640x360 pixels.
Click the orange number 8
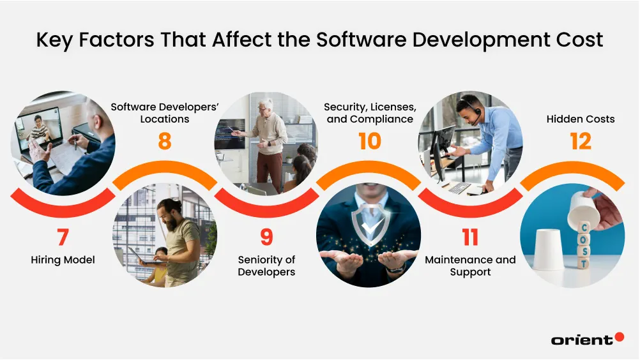pyautogui.click(x=165, y=141)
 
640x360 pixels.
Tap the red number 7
pyautogui.click(x=63, y=237)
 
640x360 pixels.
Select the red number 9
pyautogui.click(x=266, y=237)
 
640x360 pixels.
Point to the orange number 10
pyautogui.click(x=370, y=141)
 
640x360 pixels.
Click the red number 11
pyautogui.click(x=470, y=237)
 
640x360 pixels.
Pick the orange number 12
pyautogui.click(x=581, y=141)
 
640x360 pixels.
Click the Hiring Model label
pyautogui.click(x=63, y=260)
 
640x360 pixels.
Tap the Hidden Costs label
pyautogui.click(x=581, y=119)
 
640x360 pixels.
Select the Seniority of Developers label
pyautogui.click(x=266, y=266)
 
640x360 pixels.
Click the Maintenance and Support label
pyautogui.click(x=470, y=266)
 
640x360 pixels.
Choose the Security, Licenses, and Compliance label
pyautogui.click(x=370, y=113)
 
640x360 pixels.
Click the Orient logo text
pyautogui.click(x=581, y=340)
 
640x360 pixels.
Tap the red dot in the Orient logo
pyautogui.click(x=619, y=337)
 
